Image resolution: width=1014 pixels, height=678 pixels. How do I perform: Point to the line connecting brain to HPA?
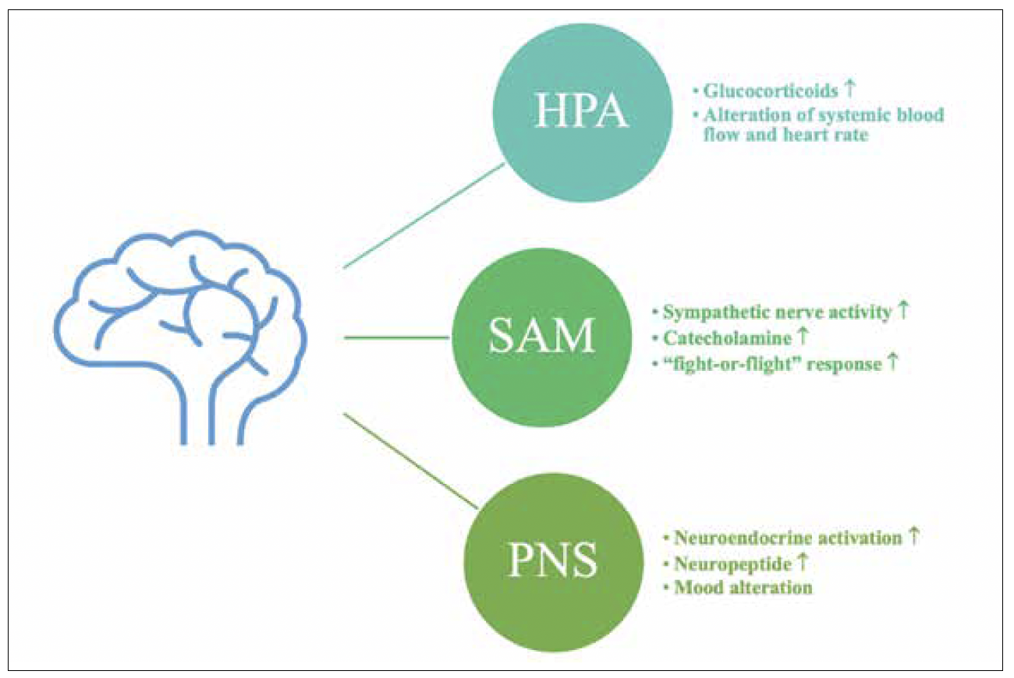421,217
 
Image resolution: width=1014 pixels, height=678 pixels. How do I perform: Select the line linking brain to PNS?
409,460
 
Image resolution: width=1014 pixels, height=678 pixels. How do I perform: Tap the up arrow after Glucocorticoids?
851,89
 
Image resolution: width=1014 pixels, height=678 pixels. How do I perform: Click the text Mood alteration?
742,587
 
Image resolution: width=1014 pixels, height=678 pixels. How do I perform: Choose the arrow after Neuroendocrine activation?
914,535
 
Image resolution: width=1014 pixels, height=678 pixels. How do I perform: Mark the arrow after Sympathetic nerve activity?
902,311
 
